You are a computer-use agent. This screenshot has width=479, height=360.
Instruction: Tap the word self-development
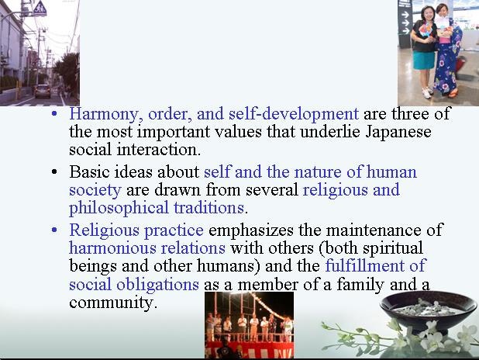click(294, 113)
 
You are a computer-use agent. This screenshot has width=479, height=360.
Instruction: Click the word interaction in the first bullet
click(159, 150)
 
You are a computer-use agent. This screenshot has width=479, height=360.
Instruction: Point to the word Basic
click(89, 171)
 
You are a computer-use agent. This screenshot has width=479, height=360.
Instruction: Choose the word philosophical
click(119, 208)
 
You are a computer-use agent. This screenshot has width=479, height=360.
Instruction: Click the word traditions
click(209, 208)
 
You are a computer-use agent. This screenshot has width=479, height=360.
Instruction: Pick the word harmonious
click(112, 247)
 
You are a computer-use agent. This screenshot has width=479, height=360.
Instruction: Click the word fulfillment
click(365, 265)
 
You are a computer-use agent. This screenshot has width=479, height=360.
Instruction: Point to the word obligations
click(157, 285)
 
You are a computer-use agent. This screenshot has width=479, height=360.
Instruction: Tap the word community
click(113, 303)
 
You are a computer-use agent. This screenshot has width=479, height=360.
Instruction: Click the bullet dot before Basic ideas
click(54, 172)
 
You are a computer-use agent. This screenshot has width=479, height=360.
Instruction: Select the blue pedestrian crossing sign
click(40, 9)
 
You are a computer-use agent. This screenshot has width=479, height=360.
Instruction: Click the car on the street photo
click(42, 91)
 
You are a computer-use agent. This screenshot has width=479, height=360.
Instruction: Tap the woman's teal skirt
click(424, 60)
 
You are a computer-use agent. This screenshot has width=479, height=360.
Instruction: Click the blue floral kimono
click(446, 66)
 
